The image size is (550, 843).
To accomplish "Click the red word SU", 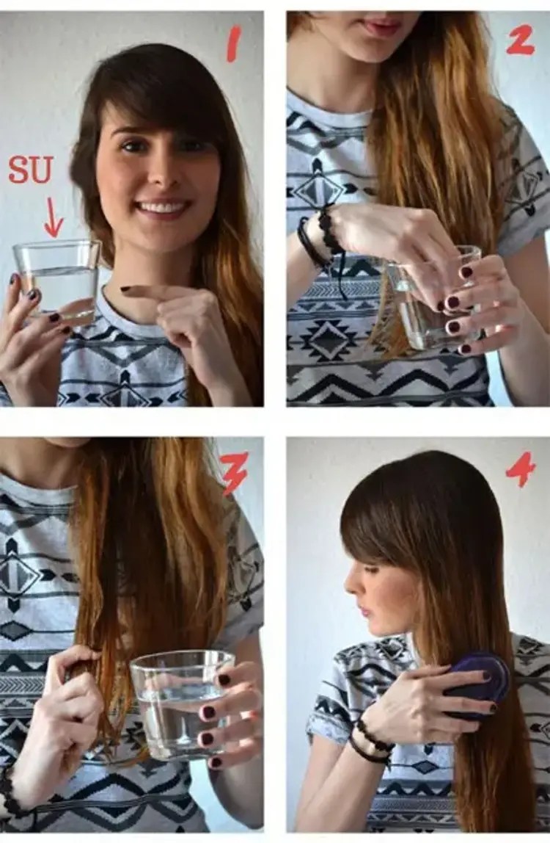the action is point(31,169).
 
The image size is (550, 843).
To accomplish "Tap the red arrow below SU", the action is point(53,218).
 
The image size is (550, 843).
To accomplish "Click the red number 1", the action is point(234,46).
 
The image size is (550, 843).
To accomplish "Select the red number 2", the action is point(520,41).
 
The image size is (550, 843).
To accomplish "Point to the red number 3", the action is point(235,473).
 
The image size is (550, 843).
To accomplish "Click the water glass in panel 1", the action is point(56,281).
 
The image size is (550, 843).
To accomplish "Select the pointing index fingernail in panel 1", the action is point(128,289).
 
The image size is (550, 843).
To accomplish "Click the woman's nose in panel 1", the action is point(159,172).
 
